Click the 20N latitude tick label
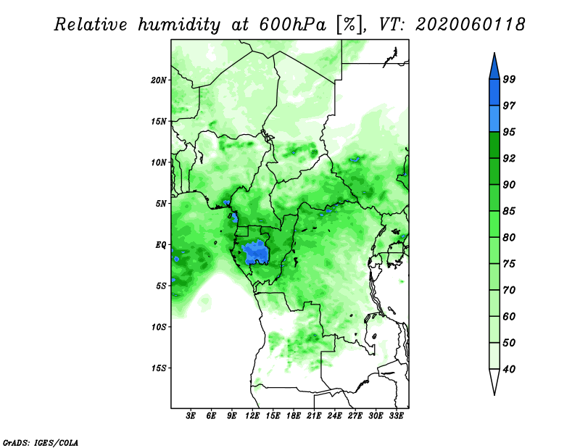[x=159, y=80]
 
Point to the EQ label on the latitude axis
[x=160, y=245]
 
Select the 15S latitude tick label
[x=159, y=368]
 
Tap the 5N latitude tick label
[x=161, y=204]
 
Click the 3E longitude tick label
[x=191, y=415]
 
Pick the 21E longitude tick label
[x=314, y=415]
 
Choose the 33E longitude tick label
[x=396, y=415]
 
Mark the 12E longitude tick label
[x=252, y=415]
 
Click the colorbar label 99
[x=509, y=79]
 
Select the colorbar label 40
[x=509, y=369]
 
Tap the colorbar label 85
[x=509, y=211]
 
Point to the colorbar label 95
[x=509, y=132]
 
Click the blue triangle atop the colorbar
[x=494, y=68]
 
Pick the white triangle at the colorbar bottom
[x=494, y=380]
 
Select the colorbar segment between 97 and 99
[x=494, y=93]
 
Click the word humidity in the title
[x=179, y=25]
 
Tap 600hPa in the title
[x=293, y=25]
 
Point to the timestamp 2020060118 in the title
[x=470, y=25]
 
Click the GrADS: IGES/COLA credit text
[x=41, y=442]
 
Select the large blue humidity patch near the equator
[x=255, y=253]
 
